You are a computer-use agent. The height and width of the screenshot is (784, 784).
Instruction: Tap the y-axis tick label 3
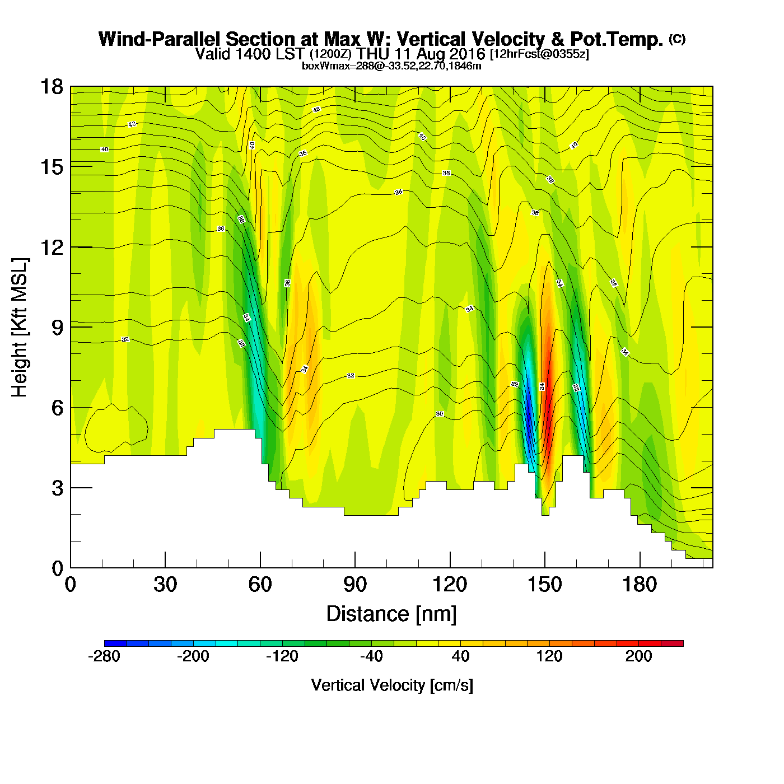(57, 488)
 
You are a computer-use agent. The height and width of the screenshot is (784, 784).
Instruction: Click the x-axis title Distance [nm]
(391, 614)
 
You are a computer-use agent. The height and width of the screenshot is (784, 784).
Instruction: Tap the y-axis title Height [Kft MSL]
(20, 328)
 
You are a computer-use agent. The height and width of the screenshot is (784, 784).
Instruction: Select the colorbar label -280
(104, 656)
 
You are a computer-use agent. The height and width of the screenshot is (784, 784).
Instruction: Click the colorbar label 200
(638, 656)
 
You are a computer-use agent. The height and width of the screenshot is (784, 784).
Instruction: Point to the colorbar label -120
(282, 656)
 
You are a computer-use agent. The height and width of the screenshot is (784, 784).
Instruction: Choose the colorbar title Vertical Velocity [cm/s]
(392, 685)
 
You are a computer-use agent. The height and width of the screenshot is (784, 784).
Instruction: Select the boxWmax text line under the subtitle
(391, 66)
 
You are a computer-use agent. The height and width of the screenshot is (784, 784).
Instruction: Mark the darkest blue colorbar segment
(115, 643)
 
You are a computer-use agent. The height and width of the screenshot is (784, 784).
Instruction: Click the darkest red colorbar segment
(672, 643)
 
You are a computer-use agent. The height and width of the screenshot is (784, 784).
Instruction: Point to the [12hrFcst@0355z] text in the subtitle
(539, 54)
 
